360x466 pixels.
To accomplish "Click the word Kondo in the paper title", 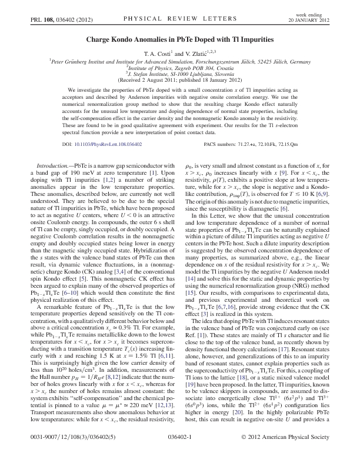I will [122, 39].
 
